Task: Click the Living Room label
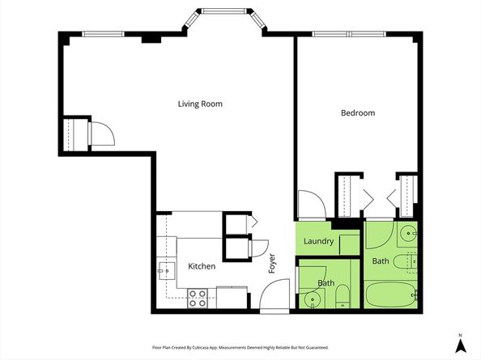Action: click(200, 104)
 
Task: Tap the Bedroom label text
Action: click(358, 112)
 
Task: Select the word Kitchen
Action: click(202, 266)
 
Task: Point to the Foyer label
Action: click(272, 263)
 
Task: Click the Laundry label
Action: click(318, 241)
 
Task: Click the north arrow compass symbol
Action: click(460, 345)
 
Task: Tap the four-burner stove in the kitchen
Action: click(198, 299)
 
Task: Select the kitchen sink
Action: click(166, 271)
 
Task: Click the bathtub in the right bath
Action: click(391, 294)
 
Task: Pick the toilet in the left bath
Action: click(343, 297)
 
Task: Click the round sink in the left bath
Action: click(313, 299)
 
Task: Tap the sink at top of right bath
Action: click(408, 234)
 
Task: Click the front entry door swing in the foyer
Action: click(275, 295)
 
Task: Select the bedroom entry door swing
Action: click(312, 205)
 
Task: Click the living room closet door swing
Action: click(103, 133)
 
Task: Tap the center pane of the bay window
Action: click(223, 11)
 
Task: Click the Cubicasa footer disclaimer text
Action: click(240, 347)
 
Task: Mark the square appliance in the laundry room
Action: click(349, 245)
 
